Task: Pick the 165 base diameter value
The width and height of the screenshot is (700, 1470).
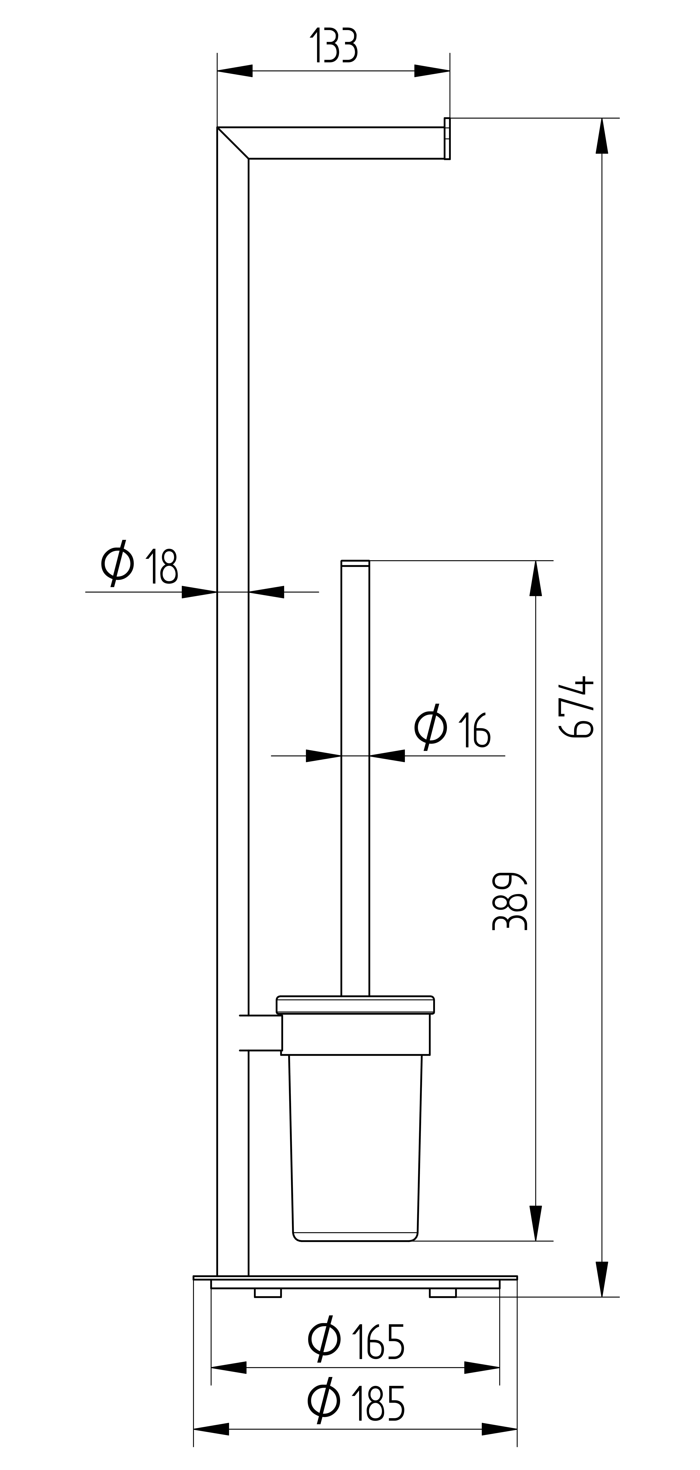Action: pyautogui.click(x=379, y=1341)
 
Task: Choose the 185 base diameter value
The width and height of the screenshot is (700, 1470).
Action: pyautogui.click(x=379, y=1403)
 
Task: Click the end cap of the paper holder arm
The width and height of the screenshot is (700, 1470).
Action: pyautogui.click(x=447, y=139)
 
